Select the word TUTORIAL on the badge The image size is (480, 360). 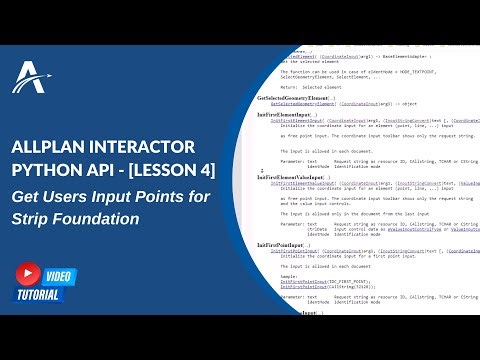pos(39,294)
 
